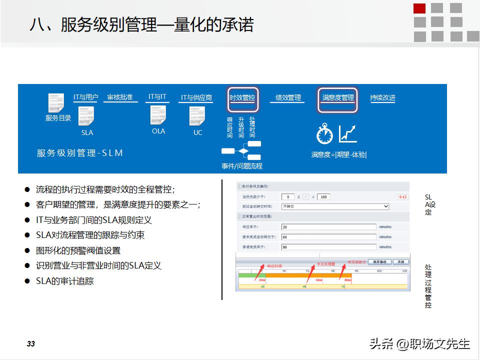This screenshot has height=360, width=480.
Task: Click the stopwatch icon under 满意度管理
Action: (x=324, y=134)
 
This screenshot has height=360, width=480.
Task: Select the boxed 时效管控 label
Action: (x=242, y=98)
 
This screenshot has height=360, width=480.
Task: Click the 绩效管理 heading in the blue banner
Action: (x=288, y=98)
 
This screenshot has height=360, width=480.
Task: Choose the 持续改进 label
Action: (x=382, y=98)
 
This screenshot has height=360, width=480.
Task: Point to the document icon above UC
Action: (x=197, y=116)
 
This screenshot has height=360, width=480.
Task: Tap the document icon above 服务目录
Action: (x=56, y=103)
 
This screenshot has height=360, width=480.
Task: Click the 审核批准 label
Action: (x=120, y=97)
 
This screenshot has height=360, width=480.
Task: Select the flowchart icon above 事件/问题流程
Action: (x=242, y=150)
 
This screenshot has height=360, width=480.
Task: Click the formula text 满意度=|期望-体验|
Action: (x=339, y=155)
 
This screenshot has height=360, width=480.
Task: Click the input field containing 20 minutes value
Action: (x=328, y=227)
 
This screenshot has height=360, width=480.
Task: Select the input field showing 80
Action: (x=328, y=247)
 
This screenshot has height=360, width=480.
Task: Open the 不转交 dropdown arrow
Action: (x=385, y=206)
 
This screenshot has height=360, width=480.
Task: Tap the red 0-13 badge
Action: (x=403, y=197)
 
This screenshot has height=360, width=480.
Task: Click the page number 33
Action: (x=31, y=344)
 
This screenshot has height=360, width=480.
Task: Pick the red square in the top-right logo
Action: (x=420, y=8)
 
